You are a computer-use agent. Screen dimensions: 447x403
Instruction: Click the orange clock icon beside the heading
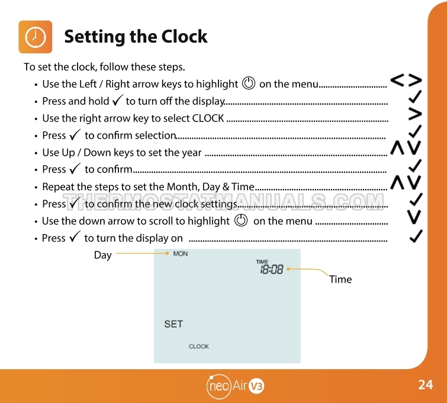36,37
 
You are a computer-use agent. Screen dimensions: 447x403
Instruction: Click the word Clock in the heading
185,37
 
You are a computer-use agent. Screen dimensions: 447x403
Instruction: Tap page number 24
425,385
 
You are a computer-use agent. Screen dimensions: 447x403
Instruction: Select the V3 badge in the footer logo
256,386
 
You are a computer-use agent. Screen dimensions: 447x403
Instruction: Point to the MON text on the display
181,254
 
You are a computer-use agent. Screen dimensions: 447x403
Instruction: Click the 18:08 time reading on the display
272,269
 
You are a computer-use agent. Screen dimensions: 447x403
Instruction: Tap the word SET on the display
173,324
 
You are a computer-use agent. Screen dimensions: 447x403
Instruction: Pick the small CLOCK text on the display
199,347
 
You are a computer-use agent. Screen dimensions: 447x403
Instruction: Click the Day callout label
102,255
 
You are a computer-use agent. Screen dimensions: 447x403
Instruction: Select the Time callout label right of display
340,279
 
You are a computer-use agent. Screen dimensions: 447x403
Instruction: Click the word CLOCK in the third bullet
208,118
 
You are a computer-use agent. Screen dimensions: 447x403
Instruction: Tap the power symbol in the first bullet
249,84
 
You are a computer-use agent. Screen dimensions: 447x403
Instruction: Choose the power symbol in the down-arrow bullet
241,220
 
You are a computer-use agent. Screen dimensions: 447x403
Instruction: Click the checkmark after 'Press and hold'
117,100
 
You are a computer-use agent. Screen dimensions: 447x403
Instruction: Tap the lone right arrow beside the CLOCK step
415,114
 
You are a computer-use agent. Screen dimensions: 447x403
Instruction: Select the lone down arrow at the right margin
414,217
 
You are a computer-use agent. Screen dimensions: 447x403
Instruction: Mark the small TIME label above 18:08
262,261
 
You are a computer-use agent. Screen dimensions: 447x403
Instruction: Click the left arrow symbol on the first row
397,80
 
